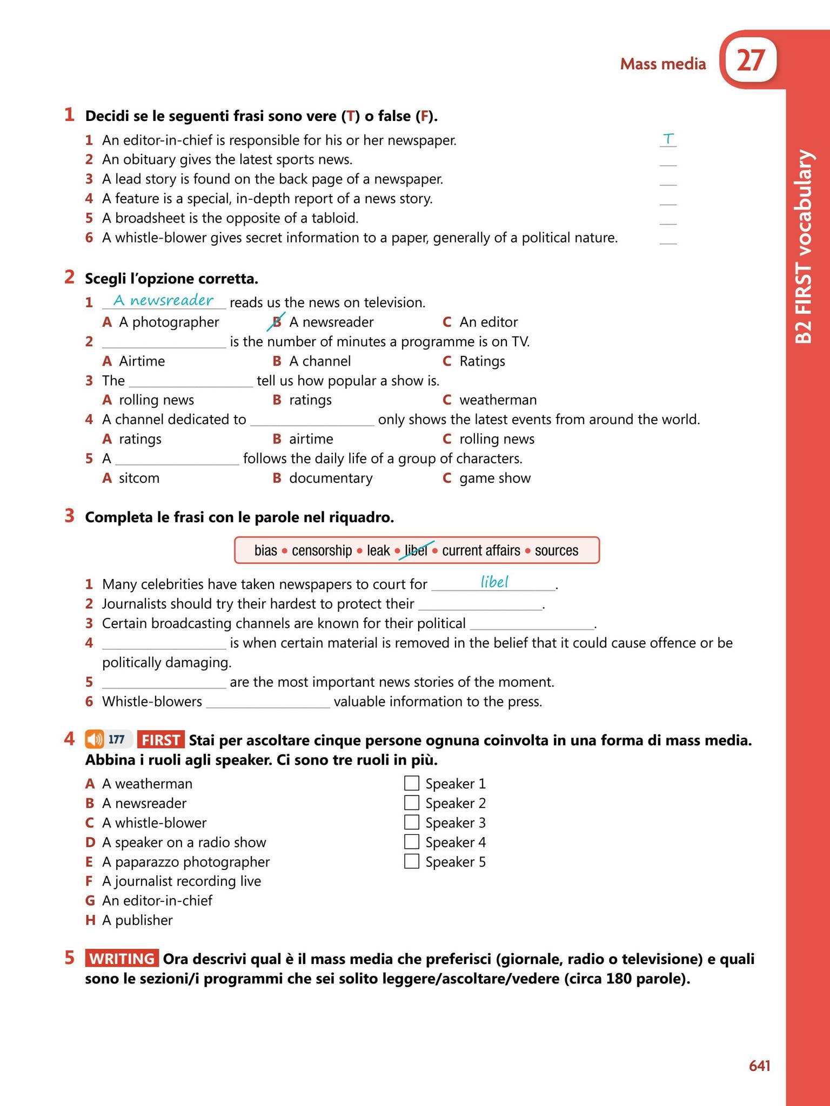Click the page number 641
tap(759, 1065)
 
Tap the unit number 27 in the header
tap(751, 60)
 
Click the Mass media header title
tap(662, 64)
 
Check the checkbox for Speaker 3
tap(412, 822)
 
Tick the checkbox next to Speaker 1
tap(412, 783)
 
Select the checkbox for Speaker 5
tap(412, 861)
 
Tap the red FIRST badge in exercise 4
tap(160, 740)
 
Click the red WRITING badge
tap(122, 959)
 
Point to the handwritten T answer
tap(668, 139)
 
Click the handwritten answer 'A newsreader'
tap(163, 300)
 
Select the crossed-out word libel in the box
tap(416, 550)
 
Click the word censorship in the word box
tap(322, 550)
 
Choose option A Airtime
tap(142, 361)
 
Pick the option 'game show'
tap(494, 478)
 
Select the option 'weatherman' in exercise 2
tap(498, 400)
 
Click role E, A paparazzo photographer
tap(185, 861)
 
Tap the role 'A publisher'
tap(137, 920)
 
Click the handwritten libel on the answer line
tap(494, 582)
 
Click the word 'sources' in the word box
tap(556, 550)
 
